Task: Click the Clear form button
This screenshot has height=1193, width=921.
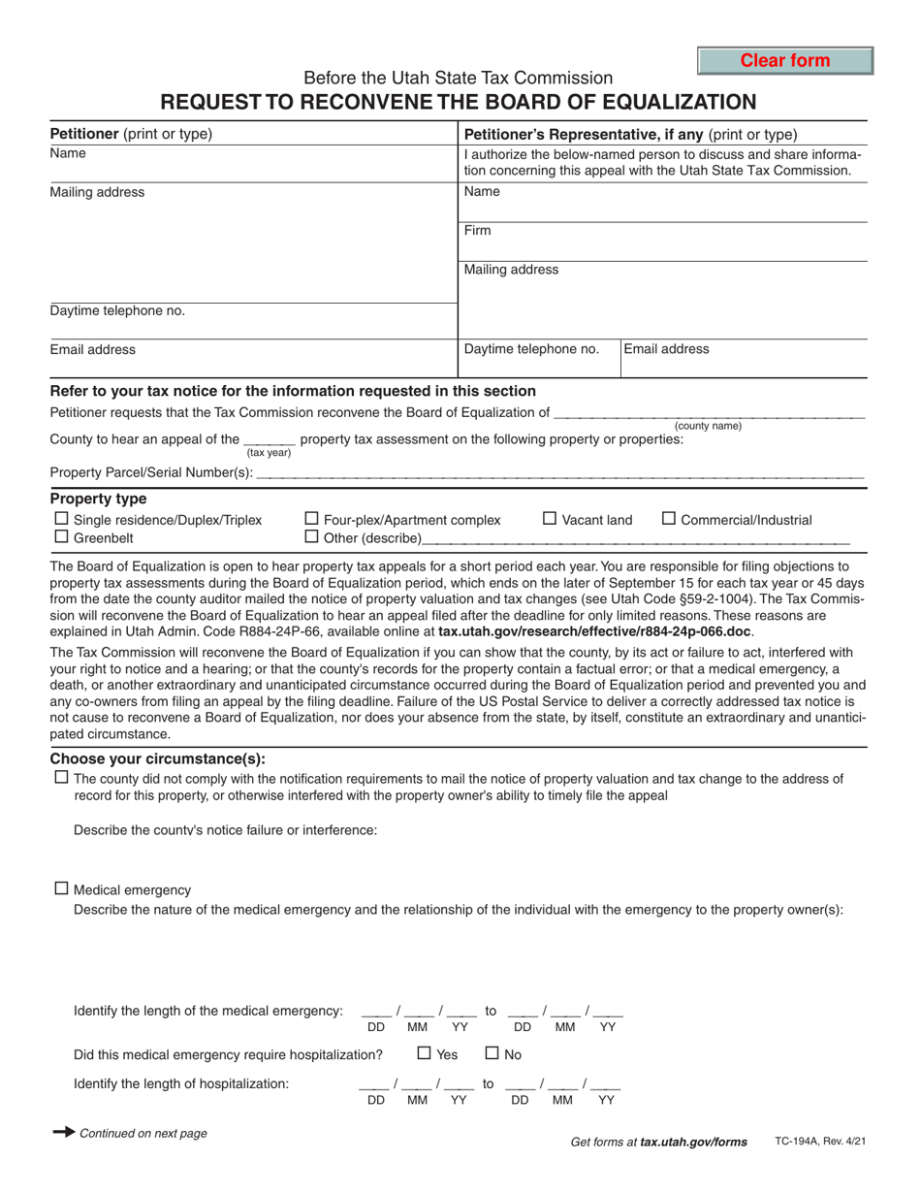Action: pos(785,60)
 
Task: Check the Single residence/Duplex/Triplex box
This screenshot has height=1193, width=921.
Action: pos(60,519)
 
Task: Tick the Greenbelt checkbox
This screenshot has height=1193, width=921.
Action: pos(60,536)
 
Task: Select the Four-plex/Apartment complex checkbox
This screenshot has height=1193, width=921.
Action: pos(312,519)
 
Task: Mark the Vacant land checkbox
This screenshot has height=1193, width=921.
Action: pos(549,519)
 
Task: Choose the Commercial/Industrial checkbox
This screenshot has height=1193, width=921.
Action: pos(668,519)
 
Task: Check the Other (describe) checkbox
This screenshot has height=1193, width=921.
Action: pos(312,536)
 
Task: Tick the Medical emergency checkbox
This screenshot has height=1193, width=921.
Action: pos(62,887)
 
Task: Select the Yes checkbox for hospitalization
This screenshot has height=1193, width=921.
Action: pos(425,1051)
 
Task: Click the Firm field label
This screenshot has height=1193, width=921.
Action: pos(478,231)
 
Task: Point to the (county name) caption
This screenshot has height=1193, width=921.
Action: pos(708,426)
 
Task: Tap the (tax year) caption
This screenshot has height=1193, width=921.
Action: pos(269,452)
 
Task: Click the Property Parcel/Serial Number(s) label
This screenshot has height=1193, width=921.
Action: pos(151,473)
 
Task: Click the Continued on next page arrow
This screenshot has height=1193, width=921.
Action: pos(63,1132)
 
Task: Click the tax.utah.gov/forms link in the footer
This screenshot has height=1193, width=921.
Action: pos(693,1143)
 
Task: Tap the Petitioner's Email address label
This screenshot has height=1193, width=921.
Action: pos(93,349)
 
